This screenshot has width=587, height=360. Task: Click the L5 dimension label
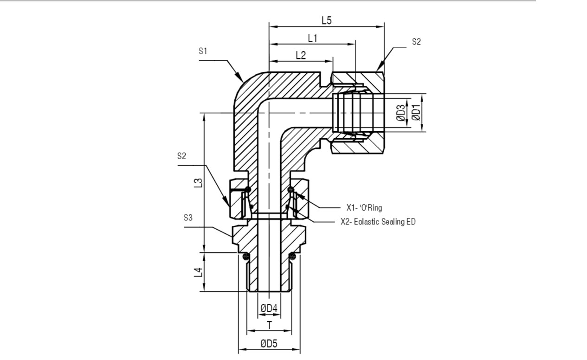[327, 20]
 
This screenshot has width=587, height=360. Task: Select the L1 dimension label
[312, 39]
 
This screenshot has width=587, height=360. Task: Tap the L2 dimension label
[301, 55]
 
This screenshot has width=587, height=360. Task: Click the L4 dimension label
[198, 272]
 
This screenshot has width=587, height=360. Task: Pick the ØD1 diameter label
[416, 113]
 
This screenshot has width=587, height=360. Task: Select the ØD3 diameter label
[400, 113]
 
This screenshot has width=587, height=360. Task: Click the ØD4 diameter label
[269, 308]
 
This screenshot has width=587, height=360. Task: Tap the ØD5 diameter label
[269, 343]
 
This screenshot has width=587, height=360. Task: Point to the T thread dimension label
[269, 325]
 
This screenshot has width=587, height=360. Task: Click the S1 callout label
[203, 51]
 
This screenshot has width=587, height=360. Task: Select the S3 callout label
[188, 218]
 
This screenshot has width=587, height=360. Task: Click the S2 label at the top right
[416, 42]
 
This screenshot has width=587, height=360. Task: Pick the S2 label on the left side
[181, 156]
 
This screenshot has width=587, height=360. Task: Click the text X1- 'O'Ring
[364, 208]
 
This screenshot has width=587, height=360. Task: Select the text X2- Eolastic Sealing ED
[378, 222]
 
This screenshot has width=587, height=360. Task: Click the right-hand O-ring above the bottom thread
[292, 256]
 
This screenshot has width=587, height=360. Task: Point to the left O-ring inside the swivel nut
[248, 189]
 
